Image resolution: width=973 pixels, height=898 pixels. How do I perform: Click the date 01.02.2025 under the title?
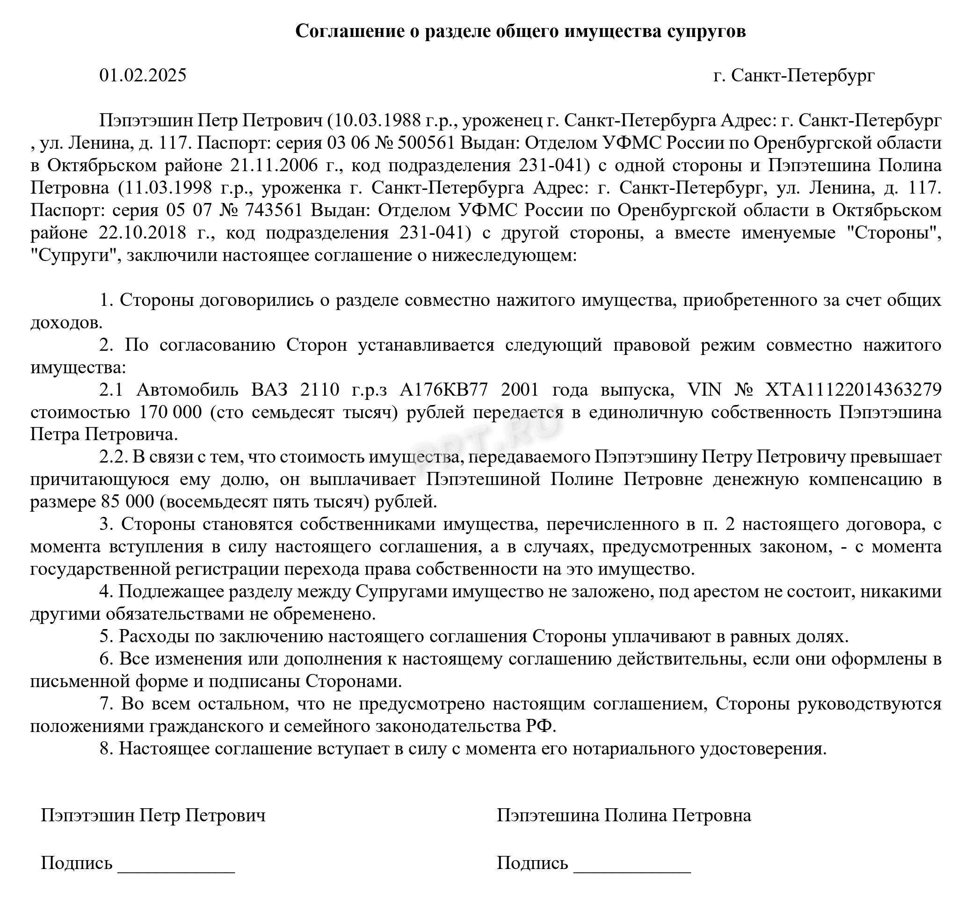(142, 75)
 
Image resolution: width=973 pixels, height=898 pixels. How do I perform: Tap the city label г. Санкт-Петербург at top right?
(794, 75)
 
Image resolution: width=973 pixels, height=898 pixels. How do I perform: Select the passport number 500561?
(426, 143)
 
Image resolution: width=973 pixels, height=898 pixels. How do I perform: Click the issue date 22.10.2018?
(142, 233)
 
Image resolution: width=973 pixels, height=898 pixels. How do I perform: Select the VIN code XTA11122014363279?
(853, 390)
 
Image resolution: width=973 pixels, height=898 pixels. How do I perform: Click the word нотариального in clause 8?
(633, 748)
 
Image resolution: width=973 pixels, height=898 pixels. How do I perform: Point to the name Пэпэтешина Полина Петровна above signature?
(624, 815)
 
